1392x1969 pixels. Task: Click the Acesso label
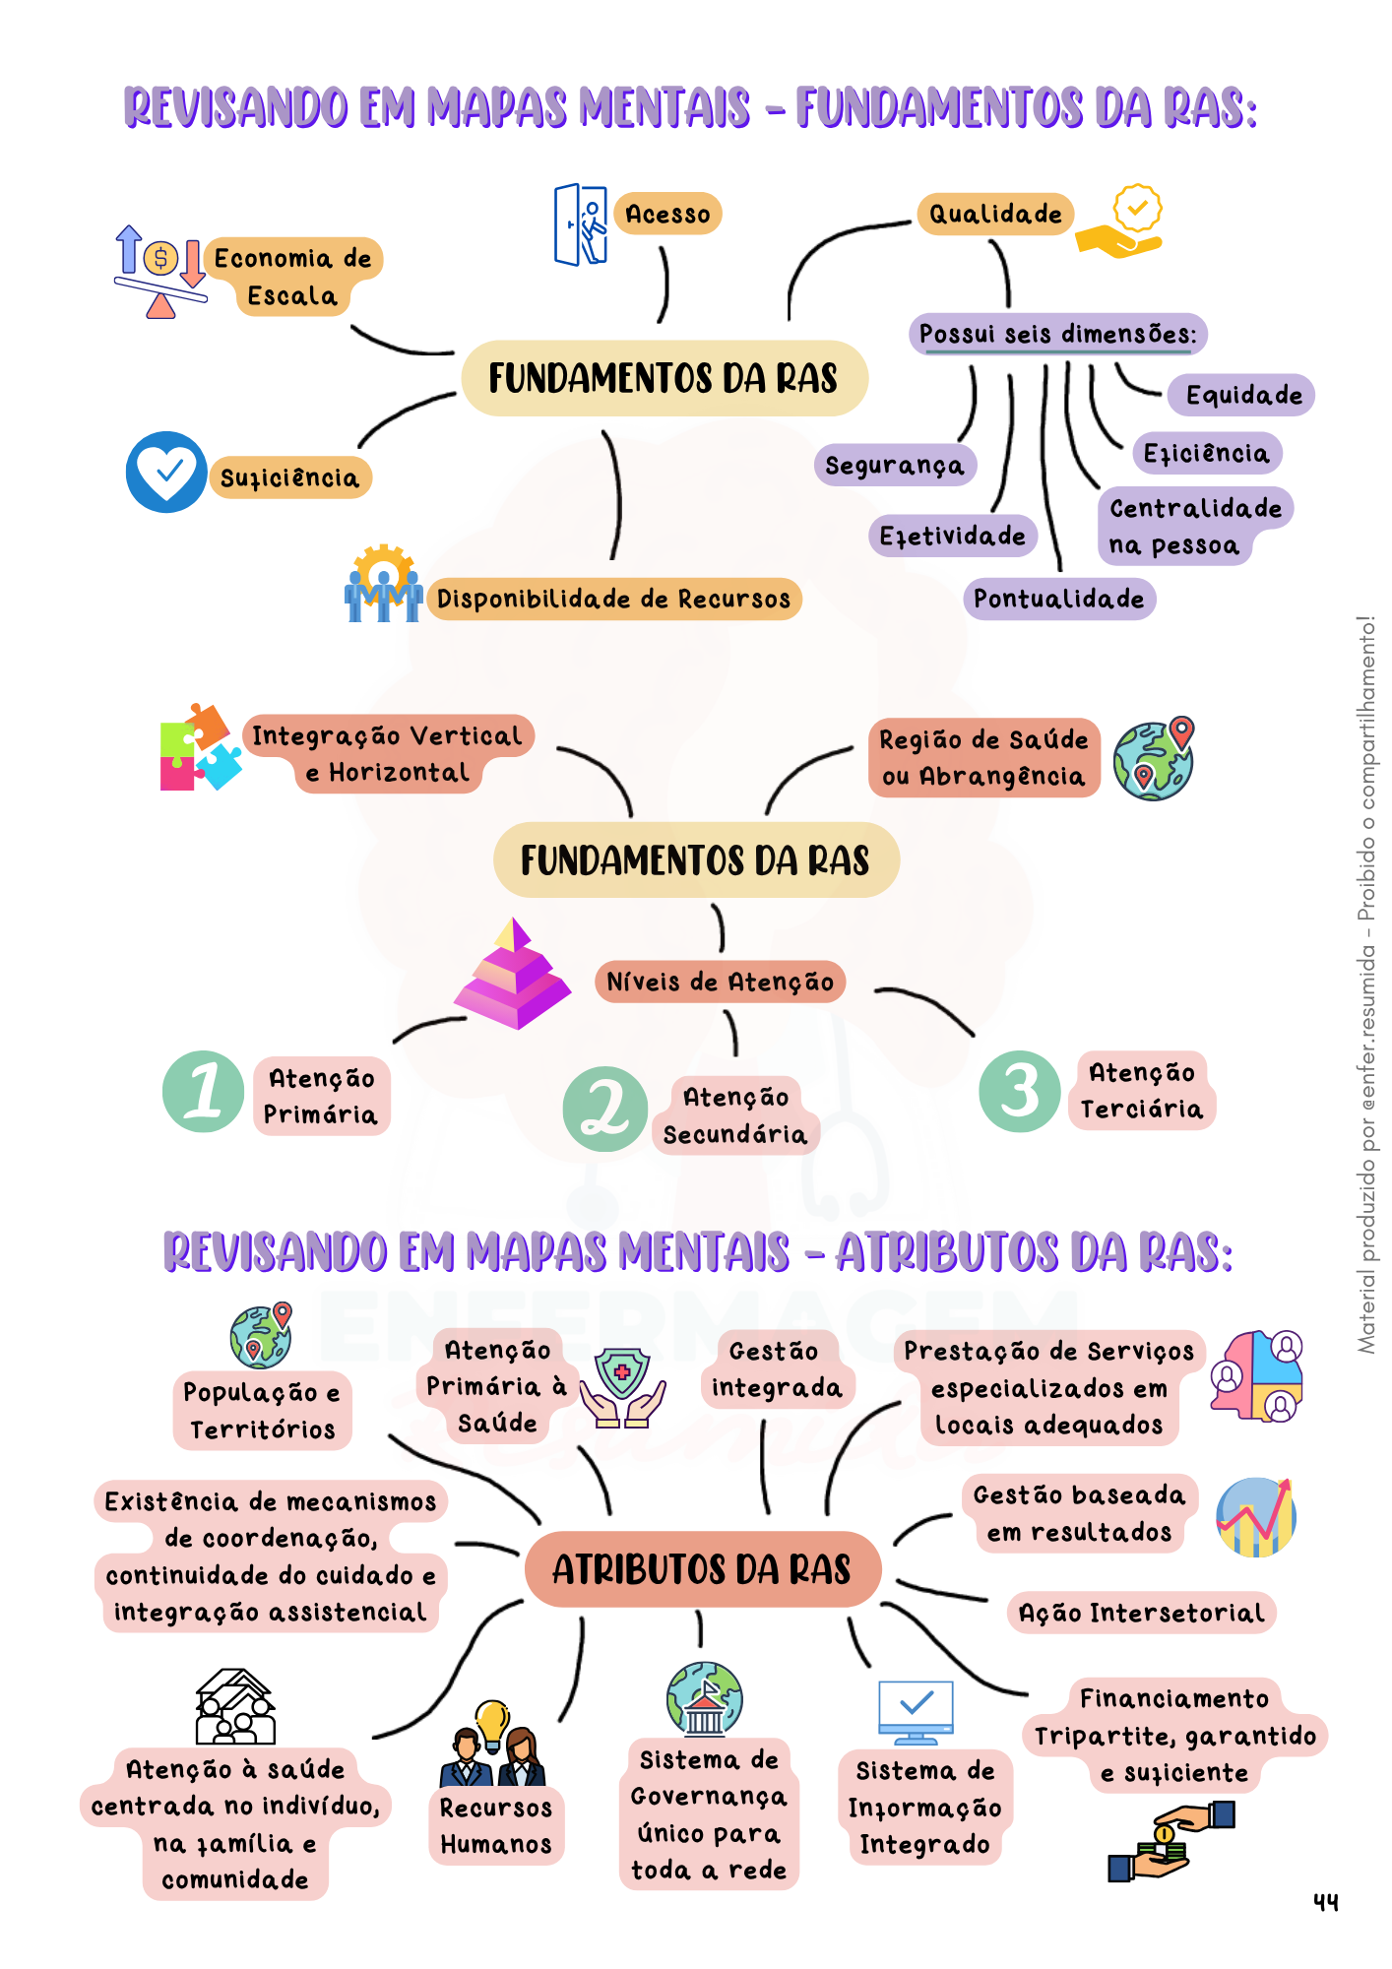(x=667, y=214)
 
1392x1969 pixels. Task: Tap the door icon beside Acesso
(x=581, y=224)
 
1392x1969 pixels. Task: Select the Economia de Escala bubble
(x=292, y=277)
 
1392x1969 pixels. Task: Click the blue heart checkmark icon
(x=166, y=472)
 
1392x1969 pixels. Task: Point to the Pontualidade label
(x=1058, y=599)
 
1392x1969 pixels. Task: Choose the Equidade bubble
(x=1242, y=395)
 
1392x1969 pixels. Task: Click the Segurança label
(x=894, y=465)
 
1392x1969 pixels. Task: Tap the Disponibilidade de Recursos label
(x=613, y=599)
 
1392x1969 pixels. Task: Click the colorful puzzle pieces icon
(x=200, y=747)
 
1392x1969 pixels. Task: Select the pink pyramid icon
(x=513, y=974)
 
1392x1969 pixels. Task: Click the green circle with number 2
(x=604, y=1109)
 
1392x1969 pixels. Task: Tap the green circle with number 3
(x=1020, y=1091)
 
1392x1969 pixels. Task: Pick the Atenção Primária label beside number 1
(x=321, y=1097)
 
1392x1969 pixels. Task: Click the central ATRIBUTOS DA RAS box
(x=702, y=1569)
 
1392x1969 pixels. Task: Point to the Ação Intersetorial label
(x=1141, y=1613)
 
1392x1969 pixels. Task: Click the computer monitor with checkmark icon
(x=917, y=1712)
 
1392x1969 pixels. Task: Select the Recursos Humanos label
(x=496, y=1826)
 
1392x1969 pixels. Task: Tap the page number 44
(x=1326, y=1902)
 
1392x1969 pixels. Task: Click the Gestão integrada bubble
(x=777, y=1369)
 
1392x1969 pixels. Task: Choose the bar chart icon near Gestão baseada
(x=1255, y=1517)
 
